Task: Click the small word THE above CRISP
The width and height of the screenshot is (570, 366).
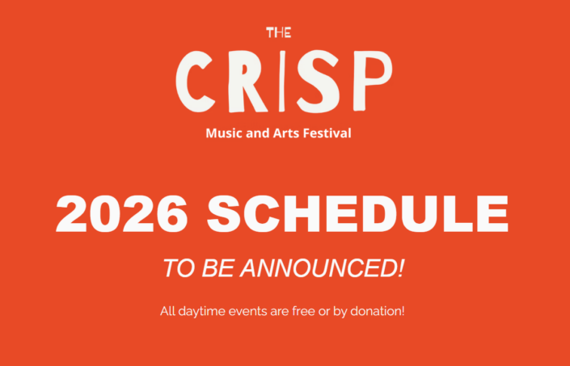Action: [278, 32]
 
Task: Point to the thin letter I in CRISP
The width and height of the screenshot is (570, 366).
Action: [281, 81]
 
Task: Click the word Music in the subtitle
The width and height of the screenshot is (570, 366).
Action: [224, 133]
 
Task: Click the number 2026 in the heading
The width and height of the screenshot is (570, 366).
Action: [122, 213]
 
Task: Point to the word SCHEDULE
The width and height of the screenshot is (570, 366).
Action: [357, 213]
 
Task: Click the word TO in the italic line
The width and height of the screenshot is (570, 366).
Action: [179, 268]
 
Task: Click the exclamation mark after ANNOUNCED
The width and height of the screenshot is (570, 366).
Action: [400, 268]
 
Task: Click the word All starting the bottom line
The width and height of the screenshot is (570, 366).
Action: [167, 311]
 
